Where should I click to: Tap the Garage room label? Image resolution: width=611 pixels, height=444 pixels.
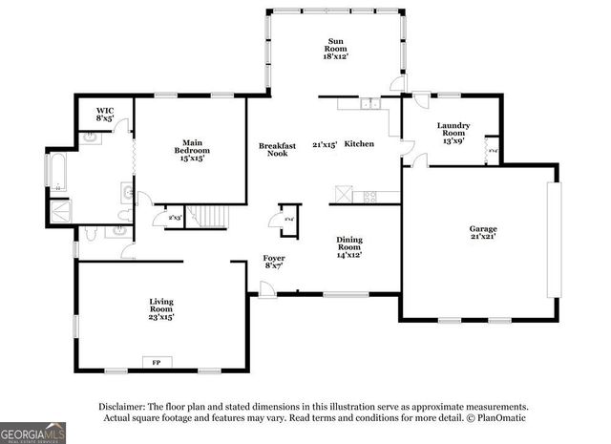[x=482, y=231]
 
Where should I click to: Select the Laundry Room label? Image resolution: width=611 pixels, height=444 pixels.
[x=452, y=133]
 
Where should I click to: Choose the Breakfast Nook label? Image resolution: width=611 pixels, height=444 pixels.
[x=278, y=149]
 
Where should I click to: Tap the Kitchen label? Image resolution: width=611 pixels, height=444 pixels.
[x=359, y=144]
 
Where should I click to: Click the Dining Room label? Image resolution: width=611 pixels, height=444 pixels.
[x=348, y=247]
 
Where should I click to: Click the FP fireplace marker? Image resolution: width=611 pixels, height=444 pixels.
[x=157, y=362]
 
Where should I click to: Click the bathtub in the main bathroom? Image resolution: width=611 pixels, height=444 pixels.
[x=55, y=171]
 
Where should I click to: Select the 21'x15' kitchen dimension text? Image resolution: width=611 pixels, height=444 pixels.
[x=325, y=144]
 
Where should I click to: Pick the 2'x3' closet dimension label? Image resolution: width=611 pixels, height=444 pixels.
[x=175, y=219]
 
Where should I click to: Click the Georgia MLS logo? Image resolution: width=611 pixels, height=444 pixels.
[x=33, y=433]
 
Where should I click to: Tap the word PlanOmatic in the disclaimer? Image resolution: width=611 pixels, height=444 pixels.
[x=499, y=417]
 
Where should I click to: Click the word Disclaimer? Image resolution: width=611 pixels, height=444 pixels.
[x=117, y=405]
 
